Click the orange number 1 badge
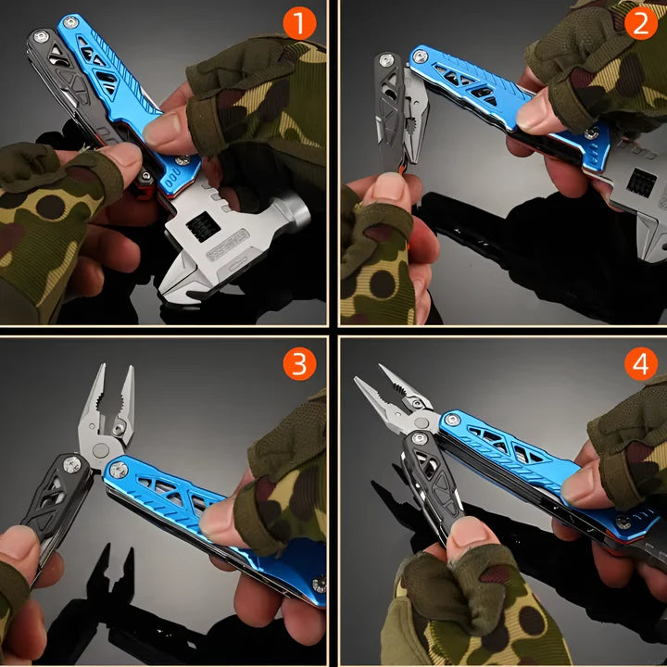click(298, 23)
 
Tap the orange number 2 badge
click(640, 23)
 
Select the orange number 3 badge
click(298, 364)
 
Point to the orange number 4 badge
click(640, 364)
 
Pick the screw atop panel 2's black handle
click(386, 61)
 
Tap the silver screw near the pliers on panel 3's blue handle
click(119, 471)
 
